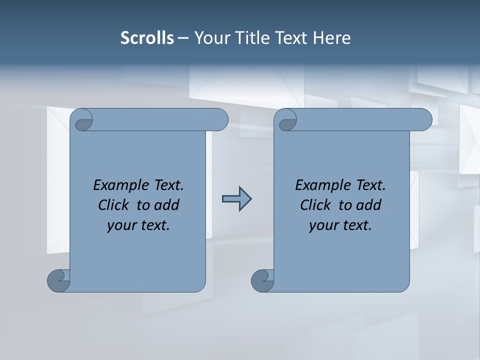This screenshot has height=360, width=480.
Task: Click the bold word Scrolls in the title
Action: (147, 38)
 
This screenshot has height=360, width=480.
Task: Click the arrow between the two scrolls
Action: (236, 199)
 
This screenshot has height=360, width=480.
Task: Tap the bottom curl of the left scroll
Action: (58, 280)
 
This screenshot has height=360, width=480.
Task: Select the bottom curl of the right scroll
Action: (262, 280)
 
